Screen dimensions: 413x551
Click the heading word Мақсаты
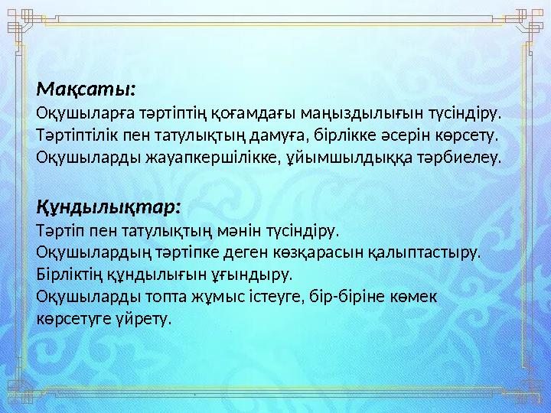click(86, 90)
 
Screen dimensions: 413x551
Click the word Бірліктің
click(67, 274)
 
